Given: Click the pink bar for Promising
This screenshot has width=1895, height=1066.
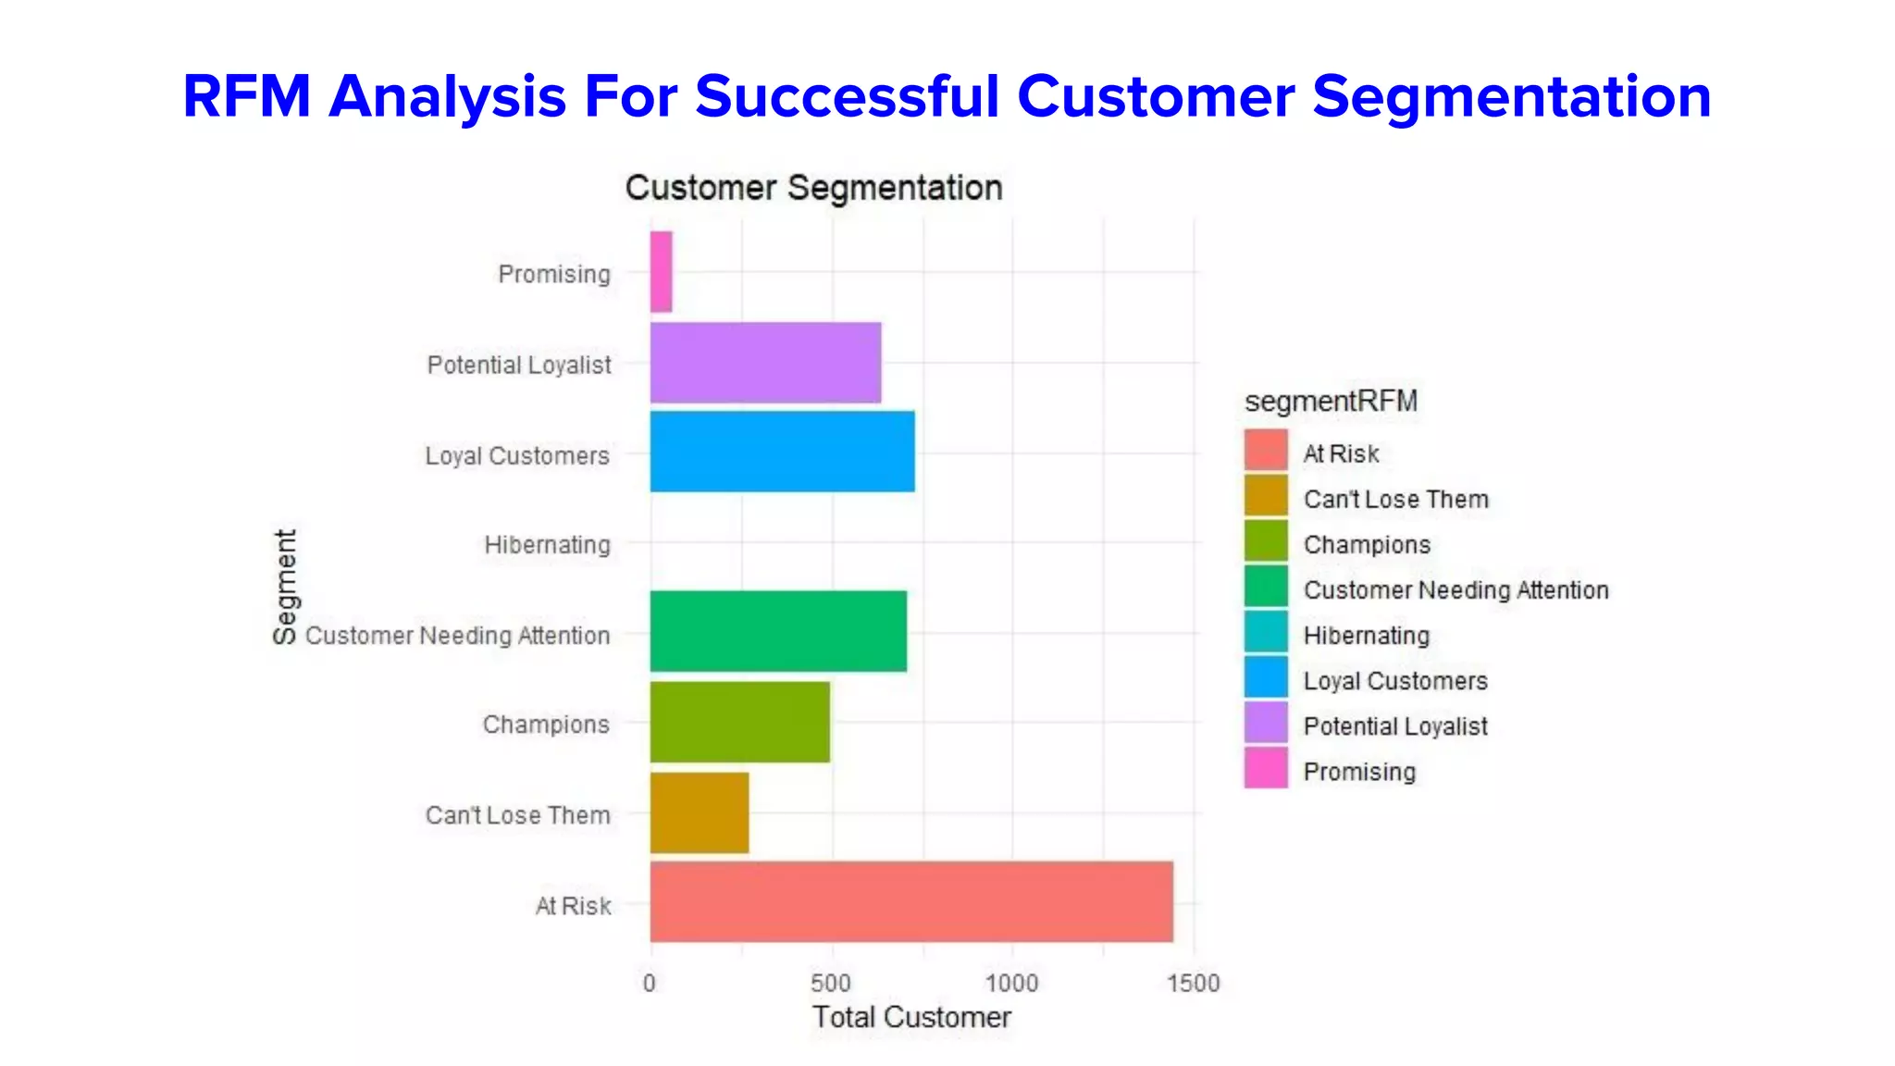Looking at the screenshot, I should point(661,271).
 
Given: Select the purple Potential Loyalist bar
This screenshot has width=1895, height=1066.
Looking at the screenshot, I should point(765,363).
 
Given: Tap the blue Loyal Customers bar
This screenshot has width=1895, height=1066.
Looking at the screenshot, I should point(782,452).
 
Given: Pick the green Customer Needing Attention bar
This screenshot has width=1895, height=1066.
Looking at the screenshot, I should point(778,631).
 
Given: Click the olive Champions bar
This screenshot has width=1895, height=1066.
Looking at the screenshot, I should point(739,722).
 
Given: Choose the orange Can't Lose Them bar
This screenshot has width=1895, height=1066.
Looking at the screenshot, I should point(699,812).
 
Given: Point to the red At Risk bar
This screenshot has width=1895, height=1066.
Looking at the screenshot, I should point(911,902).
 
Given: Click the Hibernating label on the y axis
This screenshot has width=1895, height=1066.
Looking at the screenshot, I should point(547,545).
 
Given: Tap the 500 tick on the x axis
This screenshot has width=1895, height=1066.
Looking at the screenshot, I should point(830,983).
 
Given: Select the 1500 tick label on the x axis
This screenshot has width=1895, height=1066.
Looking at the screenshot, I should point(1193,983).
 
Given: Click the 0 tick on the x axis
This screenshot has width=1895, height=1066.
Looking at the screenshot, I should point(650,983).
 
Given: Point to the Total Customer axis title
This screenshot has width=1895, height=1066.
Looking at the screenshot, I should point(911,1017).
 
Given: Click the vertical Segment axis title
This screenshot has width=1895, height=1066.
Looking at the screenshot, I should point(285,587).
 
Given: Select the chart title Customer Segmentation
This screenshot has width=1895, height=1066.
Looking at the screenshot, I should point(813,188).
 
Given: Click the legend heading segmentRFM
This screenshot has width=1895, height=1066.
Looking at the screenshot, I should point(1331,401).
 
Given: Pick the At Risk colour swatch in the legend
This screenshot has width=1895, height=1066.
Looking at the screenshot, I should point(1266,451).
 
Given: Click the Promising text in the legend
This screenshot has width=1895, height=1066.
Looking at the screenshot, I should point(1359,772).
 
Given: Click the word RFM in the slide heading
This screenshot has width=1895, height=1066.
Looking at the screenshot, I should point(246,96).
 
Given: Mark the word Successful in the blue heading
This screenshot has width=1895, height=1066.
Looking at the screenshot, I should point(847,96).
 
